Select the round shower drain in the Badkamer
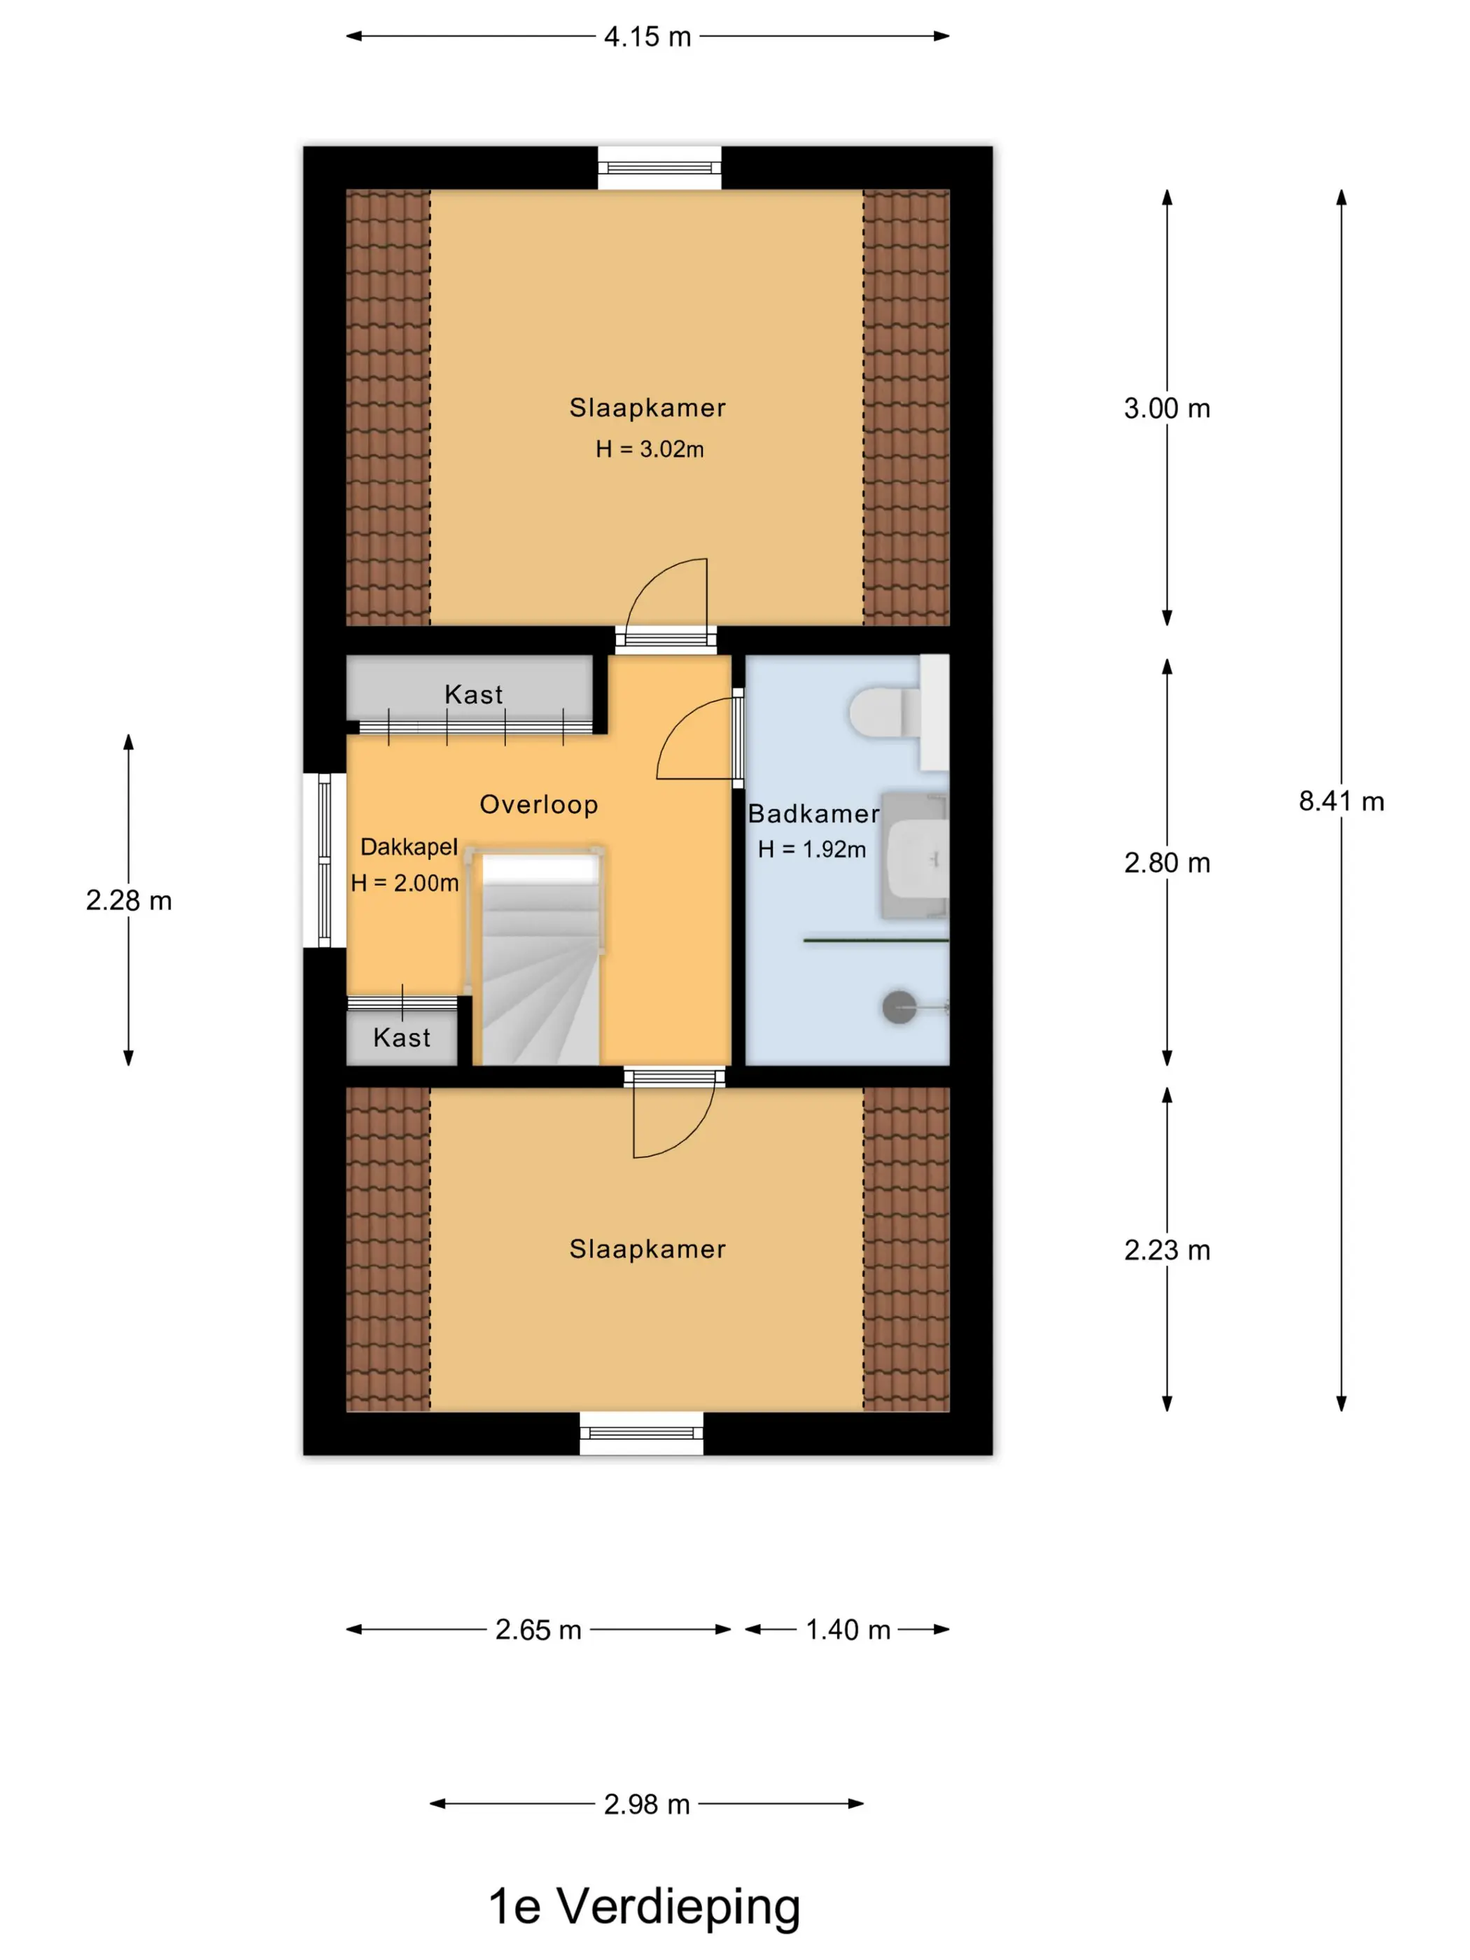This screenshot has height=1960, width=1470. (x=899, y=1007)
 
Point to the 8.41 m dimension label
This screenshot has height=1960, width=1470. (x=1340, y=801)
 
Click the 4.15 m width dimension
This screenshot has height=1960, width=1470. (x=647, y=36)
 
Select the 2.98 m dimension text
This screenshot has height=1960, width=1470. (x=647, y=1804)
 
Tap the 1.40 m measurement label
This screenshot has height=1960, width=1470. (x=848, y=1630)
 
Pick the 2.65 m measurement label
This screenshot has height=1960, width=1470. (x=538, y=1630)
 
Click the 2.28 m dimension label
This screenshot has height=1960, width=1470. (x=129, y=900)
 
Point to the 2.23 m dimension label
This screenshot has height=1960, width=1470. (x=1167, y=1250)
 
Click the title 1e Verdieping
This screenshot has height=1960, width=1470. (x=644, y=1907)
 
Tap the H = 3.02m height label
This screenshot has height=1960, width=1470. (x=650, y=449)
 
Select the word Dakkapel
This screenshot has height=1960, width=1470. (x=409, y=847)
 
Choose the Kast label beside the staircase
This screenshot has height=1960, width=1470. (x=401, y=1037)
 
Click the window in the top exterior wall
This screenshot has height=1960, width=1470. (x=659, y=167)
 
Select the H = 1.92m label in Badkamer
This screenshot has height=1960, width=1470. (x=811, y=849)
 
